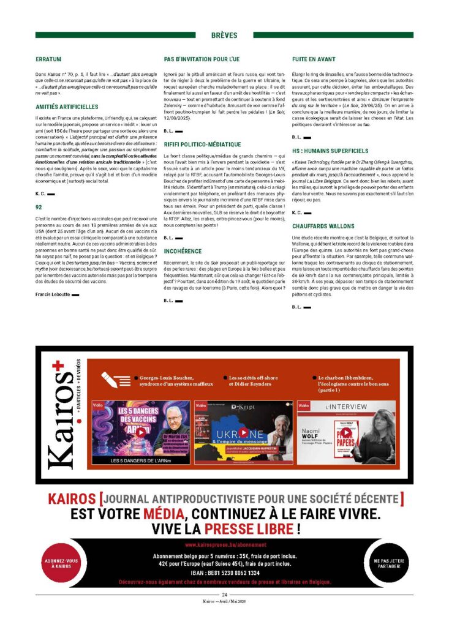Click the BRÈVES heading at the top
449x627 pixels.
point(224,36)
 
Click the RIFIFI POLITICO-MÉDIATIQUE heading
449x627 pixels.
point(203,144)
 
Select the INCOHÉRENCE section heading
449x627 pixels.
point(183,251)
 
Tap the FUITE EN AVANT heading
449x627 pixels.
point(313,59)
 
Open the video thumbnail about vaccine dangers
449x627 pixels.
point(140,432)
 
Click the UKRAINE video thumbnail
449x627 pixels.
point(243,432)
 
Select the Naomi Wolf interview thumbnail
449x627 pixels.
point(346,432)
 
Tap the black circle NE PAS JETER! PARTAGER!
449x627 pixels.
point(390,563)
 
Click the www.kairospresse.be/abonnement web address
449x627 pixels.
point(225,544)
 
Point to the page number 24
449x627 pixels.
point(225,595)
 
